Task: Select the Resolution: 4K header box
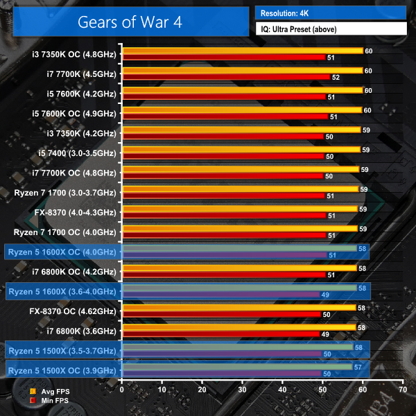330,12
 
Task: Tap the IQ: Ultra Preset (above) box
330,29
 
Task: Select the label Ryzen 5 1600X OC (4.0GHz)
63,252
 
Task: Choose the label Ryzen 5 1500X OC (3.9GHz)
63,371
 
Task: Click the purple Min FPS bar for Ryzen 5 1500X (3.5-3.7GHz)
221,354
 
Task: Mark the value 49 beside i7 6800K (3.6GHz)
325,334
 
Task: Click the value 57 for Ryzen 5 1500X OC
358,367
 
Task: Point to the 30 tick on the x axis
242,390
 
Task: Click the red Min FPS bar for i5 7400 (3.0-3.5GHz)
222,157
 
